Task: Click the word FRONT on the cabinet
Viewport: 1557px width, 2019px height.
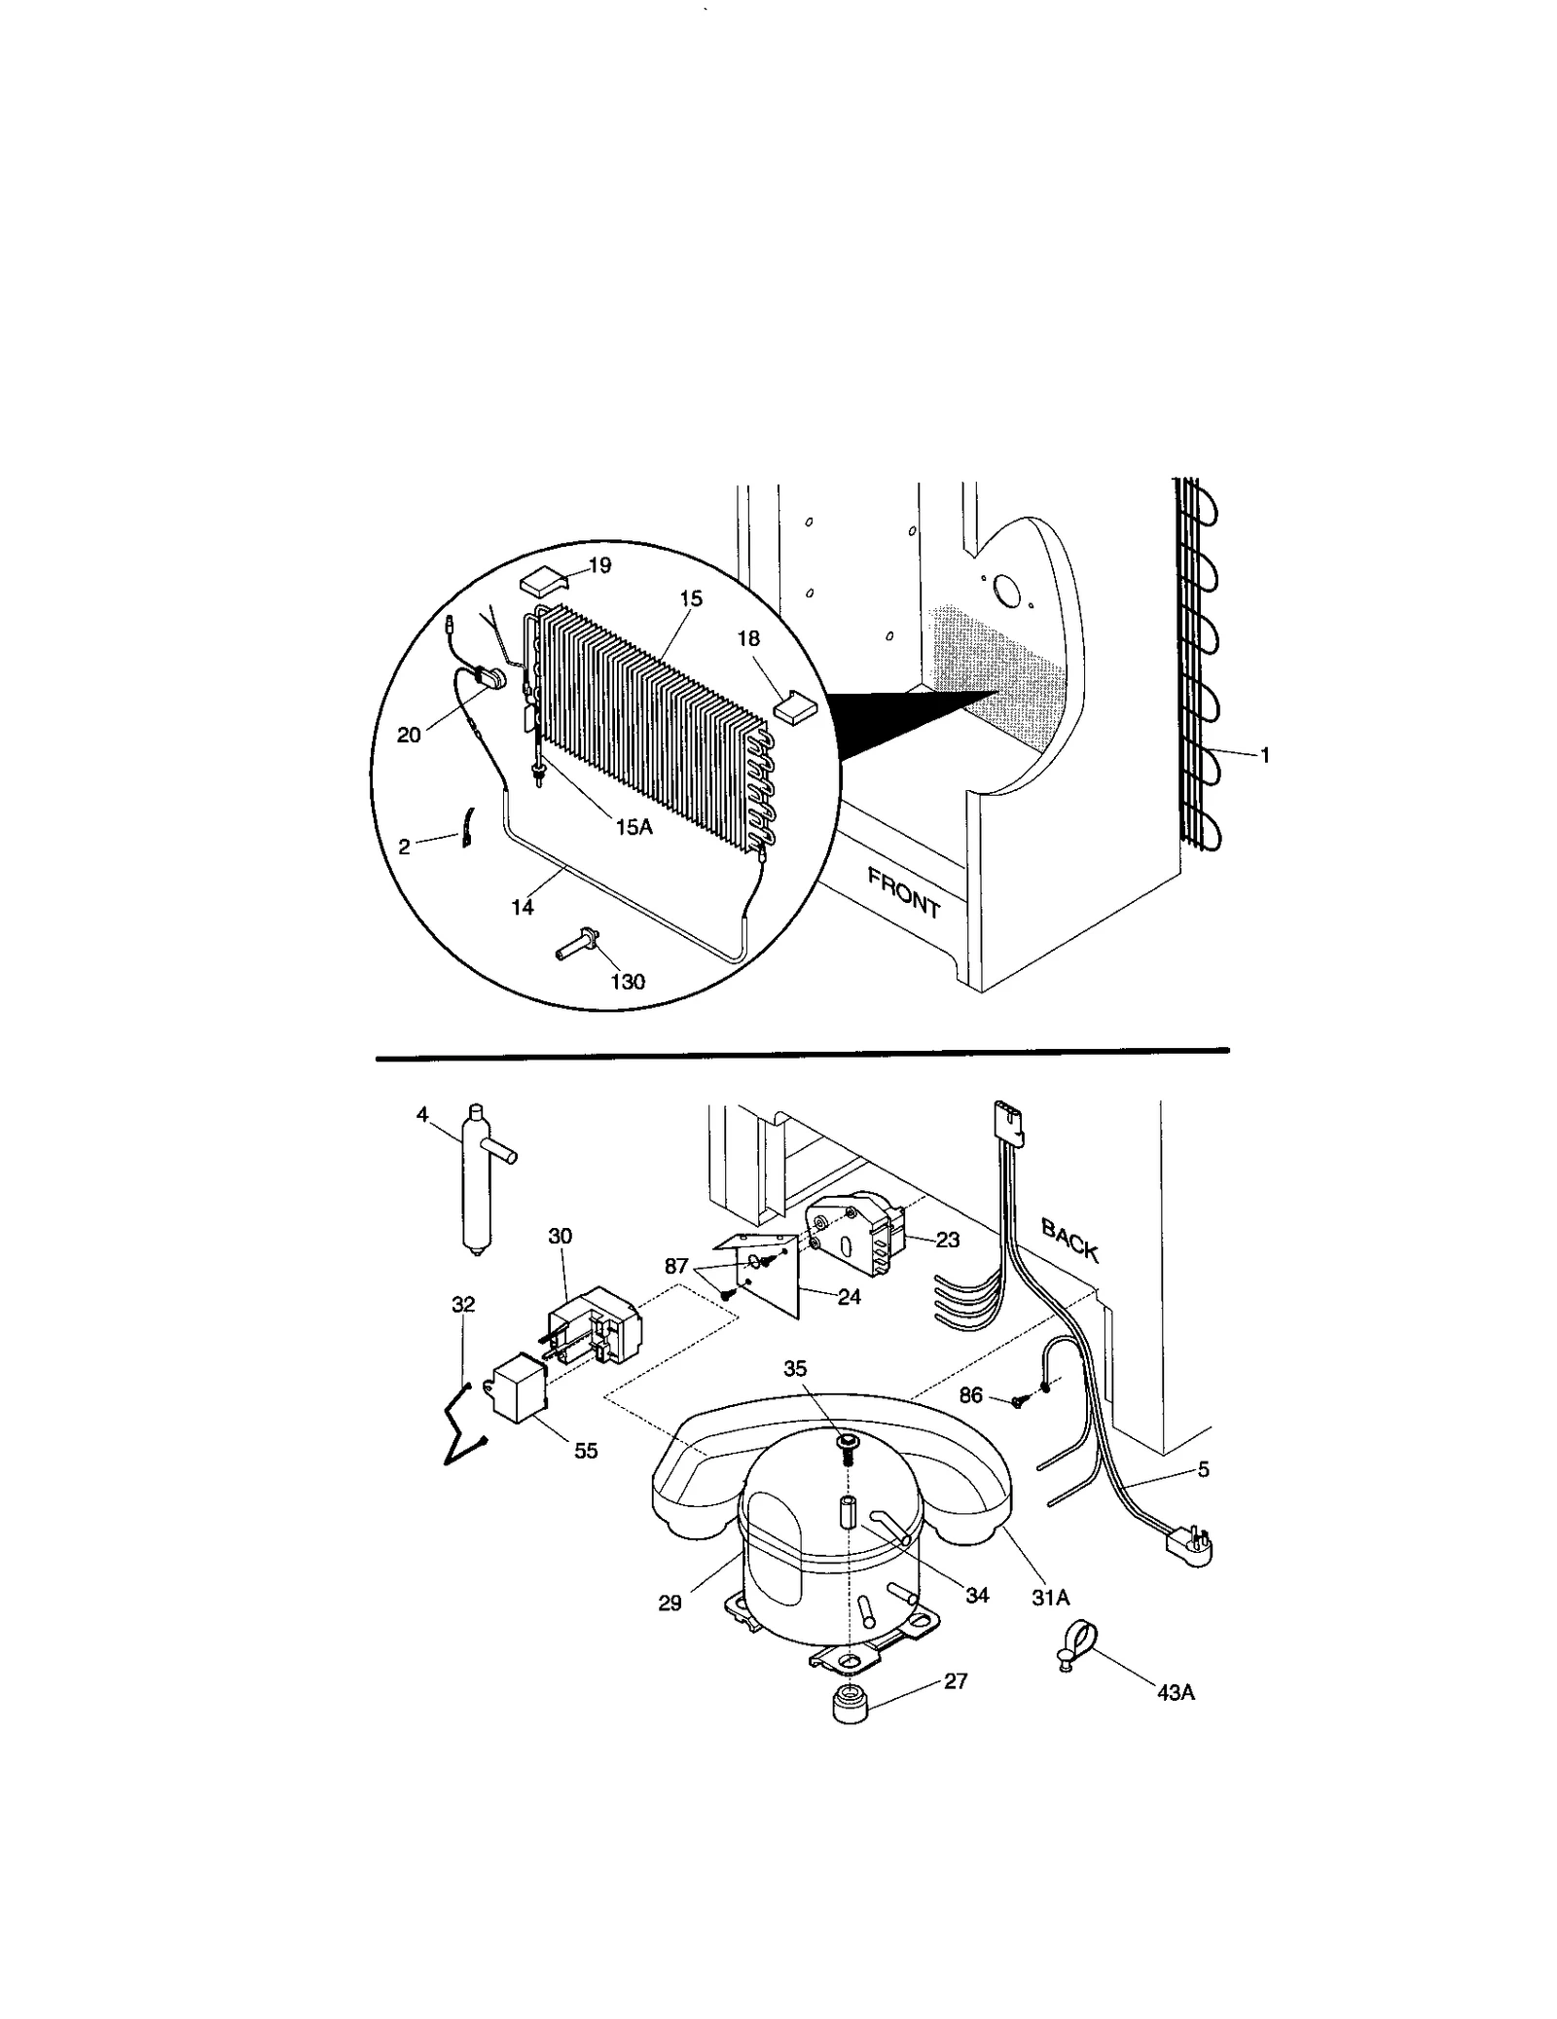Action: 903,893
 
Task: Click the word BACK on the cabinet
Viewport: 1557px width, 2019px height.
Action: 1069,1240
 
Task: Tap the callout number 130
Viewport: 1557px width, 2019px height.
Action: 627,982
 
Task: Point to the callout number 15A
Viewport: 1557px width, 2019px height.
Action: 633,826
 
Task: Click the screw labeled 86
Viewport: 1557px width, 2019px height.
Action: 1019,1401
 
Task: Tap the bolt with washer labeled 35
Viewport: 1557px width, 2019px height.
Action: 846,1444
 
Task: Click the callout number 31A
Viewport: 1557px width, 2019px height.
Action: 1050,1597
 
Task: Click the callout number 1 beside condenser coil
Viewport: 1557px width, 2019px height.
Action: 1264,754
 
